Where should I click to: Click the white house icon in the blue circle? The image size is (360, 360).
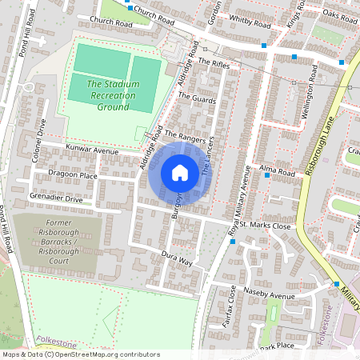[x=180, y=173]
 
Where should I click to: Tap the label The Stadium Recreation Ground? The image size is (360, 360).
[x=113, y=95]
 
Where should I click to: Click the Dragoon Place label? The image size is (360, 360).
[x=73, y=175]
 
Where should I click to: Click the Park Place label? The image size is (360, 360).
[x=278, y=346]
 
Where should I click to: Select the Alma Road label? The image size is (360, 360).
[x=278, y=170]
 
